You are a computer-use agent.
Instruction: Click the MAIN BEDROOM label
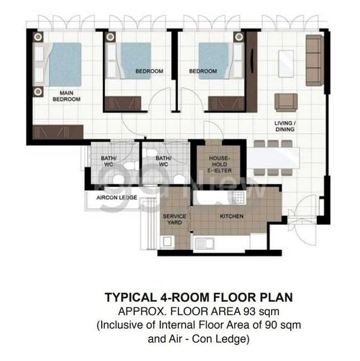[66, 96]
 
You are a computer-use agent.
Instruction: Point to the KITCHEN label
[231, 215]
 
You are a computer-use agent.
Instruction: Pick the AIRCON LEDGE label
[116, 197]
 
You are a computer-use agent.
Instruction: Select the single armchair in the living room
[285, 102]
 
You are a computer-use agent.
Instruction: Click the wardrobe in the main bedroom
[58, 131]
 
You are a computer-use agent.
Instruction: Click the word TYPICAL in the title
[129, 297]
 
